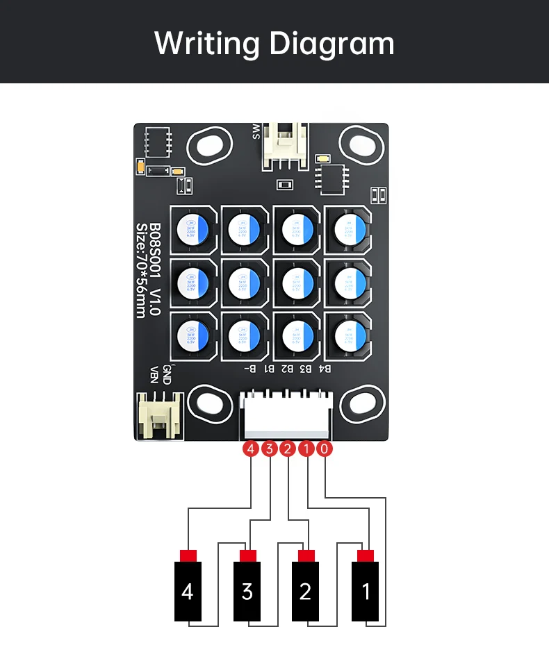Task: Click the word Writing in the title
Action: coord(207,43)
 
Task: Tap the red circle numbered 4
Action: coord(250,449)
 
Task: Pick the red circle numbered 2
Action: coord(288,449)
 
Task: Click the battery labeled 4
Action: coord(188,592)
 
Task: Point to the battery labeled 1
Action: coord(366,592)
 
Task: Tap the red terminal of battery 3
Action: coord(247,555)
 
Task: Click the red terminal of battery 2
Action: coord(306,555)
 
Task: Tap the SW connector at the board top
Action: coord(283,146)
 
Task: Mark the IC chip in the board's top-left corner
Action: coord(158,142)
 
